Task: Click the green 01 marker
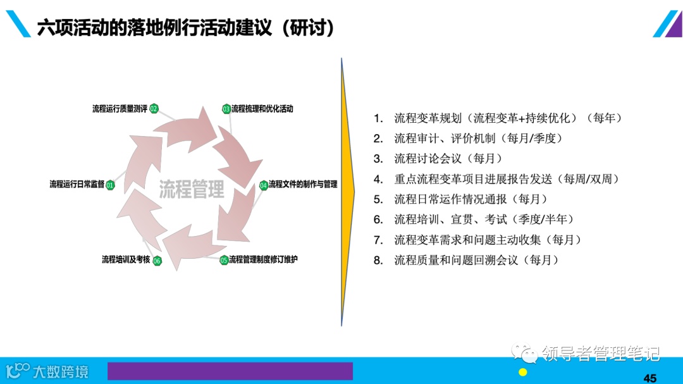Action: coord(110,185)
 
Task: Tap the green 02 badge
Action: coord(154,109)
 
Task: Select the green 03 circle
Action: coord(226,109)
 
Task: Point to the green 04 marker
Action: coord(264,185)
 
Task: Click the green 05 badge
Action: coord(224,260)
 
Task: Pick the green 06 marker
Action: coord(157,260)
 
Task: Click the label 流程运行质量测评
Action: coord(120,109)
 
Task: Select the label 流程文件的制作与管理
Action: coord(303,185)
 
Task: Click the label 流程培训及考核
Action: coord(126,259)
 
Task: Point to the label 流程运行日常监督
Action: coord(77,185)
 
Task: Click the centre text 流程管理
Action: coord(191,189)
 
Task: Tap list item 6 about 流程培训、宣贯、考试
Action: coord(484,220)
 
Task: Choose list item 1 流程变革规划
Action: coord(508,118)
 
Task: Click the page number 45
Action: coord(650,378)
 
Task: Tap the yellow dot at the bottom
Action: coord(523,372)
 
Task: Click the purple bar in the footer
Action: coord(230,371)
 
